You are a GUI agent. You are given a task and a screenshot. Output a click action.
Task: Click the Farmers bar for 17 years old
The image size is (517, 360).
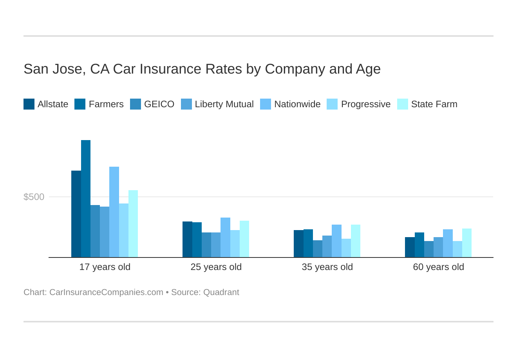pyautogui.click(x=86, y=199)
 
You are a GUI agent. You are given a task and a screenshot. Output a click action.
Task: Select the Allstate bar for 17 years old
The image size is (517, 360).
pyautogui.click(x=76, y=214)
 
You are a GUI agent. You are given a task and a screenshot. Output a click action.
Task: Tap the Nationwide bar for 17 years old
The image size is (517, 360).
pyautogui.click(x=114, y=212)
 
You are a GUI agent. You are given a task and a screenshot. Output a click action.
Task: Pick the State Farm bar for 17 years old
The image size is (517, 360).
pyautogui.click(x=133, y=224)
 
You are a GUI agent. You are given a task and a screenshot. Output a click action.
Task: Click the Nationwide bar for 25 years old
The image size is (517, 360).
pyautogui.click(x=225, y=238)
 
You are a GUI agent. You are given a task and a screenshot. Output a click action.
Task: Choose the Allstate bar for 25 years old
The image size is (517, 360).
pyautogui.click(x=187, y=239)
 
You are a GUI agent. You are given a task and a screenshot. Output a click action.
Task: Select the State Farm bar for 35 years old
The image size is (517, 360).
pyautogui.click(x=356, y=241)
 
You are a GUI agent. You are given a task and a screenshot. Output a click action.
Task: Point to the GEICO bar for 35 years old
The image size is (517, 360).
pyautogui.click(x=318, y=249)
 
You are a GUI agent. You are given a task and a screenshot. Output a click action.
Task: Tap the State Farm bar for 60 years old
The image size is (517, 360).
pyautogui.click(x=467, y=243)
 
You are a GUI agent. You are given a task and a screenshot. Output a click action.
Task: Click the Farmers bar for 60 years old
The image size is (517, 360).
pyautogui.click(x=419, y=245)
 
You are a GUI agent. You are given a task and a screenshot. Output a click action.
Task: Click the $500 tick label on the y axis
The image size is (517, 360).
pyautogui.click(x=34, y=197)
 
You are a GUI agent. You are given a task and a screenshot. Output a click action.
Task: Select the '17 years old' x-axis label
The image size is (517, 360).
pyautogui.click(x=105, y=267)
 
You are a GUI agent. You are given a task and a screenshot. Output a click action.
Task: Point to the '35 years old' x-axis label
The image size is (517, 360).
pyautogui.click(x=327, y=267)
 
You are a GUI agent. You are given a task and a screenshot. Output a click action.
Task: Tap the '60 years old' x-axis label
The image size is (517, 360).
pyautogui.click(x=439, y=267)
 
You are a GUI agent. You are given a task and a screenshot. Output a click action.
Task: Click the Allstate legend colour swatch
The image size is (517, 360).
pyautogui.click(x=29, y=104)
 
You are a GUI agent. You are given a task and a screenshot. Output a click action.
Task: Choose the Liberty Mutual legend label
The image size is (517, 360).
pyautogui.click(x=224, y=104)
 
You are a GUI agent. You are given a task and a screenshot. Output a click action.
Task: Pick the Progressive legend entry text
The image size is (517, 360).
pyautogui.click(x=366, y=104)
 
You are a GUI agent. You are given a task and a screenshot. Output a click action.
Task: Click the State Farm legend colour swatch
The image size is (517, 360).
pyautogui.click(x=403, y=104)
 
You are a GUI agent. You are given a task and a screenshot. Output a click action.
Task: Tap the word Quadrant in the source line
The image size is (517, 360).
pyautogui.click(x=221, y=292)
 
